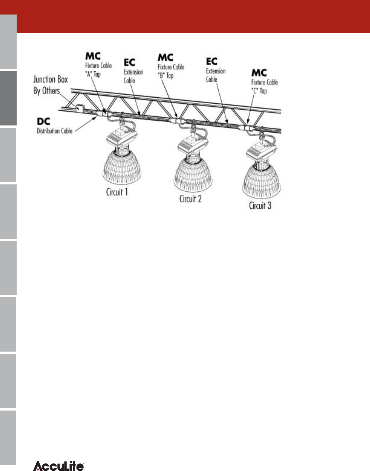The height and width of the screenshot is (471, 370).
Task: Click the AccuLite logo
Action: pos(59,466)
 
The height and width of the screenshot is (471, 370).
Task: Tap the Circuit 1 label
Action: pos(117,192)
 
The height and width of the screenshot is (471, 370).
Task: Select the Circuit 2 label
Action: pos(190,199)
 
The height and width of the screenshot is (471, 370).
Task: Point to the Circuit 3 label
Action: pos(260,206)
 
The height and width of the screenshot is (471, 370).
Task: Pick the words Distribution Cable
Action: pos(54,131)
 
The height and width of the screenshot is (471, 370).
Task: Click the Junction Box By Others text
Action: pos(50,85)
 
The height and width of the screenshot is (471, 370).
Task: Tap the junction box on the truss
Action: pos(80,108)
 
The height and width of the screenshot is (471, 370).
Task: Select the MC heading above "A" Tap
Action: pos(93,56)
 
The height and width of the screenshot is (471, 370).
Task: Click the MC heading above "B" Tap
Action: pos(165,57)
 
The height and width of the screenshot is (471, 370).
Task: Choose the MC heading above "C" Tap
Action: pos(259,73)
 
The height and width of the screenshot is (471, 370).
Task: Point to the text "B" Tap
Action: pos(165,76)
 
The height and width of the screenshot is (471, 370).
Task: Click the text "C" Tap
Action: pos(259,91)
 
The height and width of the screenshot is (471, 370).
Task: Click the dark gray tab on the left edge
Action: pos(8,98)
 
